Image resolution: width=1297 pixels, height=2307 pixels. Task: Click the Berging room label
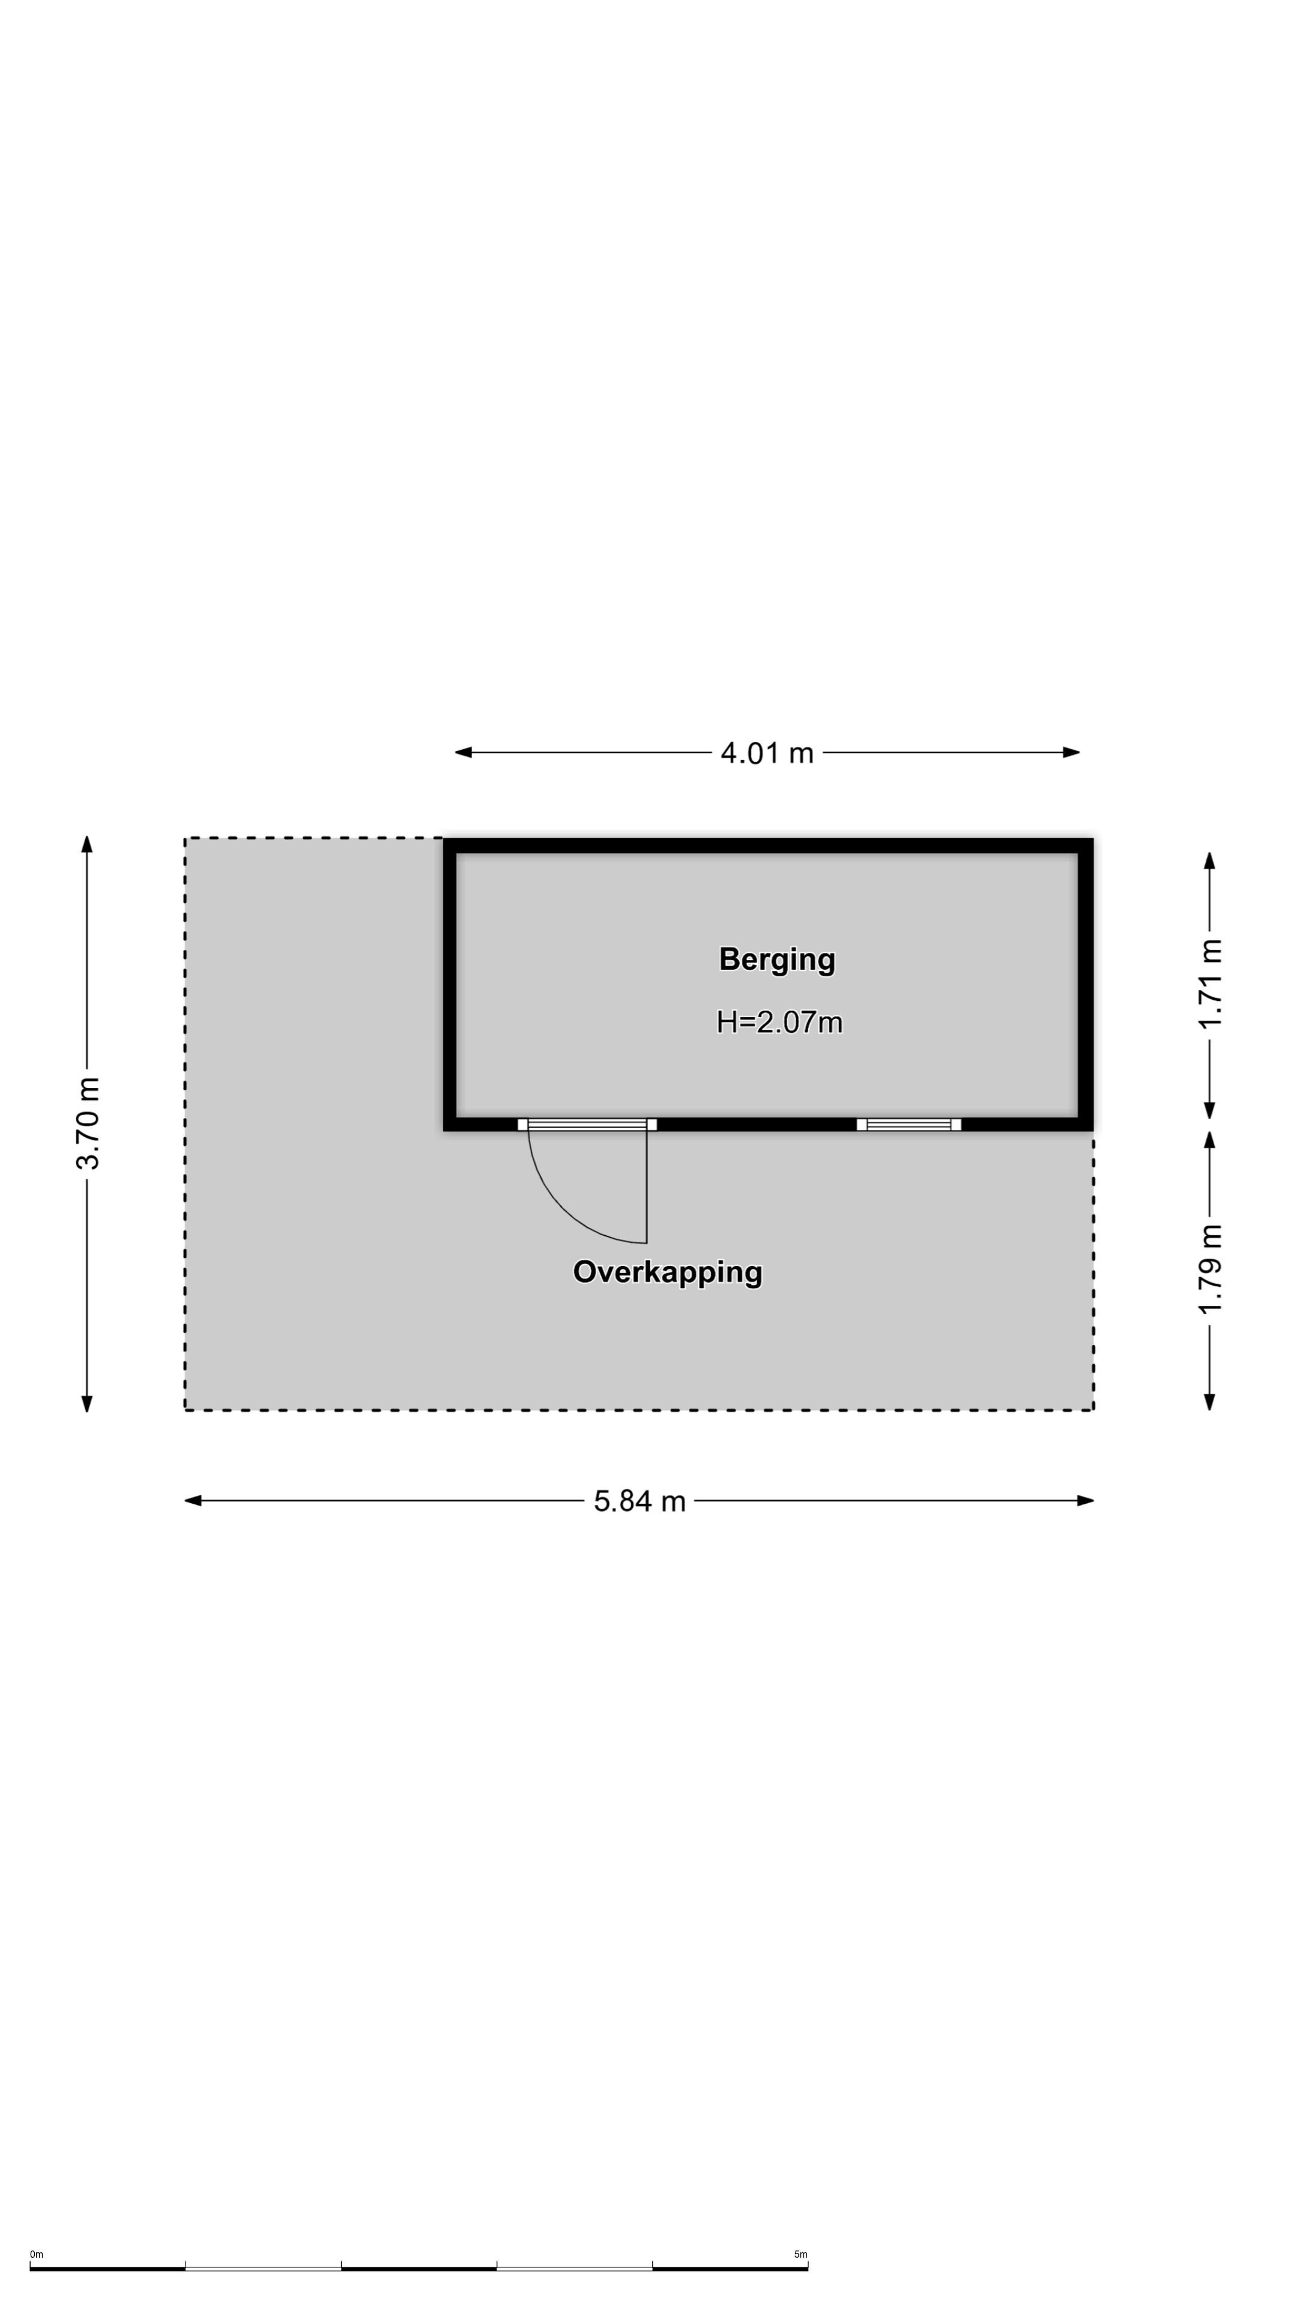(x=777, y=960)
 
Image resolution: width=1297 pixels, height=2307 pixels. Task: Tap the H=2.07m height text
(x=779, y=1022)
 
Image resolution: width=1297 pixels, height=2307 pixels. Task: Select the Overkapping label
(x=668, y=1272)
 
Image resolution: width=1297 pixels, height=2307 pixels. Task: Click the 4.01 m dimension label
(x=767, y=752)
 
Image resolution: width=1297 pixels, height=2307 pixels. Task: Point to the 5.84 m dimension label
(x=639, y=1501)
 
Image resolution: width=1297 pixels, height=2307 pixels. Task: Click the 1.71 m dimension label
(x=1210, y=984)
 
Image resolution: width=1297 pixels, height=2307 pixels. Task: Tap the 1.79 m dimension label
(x=1210, y=1269)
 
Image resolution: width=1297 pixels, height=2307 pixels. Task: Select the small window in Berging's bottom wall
(x=909, y=1125)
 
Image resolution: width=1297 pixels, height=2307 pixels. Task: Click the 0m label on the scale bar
(x=36, y=2254)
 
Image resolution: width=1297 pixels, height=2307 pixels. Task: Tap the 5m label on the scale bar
(x=800, y=2254)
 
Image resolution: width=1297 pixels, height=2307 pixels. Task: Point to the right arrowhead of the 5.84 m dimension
(x=1086, y=1501)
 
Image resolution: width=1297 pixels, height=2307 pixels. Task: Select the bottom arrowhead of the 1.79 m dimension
(x=1209, y=1402)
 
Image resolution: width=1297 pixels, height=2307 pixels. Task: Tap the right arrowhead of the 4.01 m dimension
(x=1071, y=752)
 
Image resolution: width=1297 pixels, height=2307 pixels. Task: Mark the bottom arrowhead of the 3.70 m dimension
(x=87, y=1403)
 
